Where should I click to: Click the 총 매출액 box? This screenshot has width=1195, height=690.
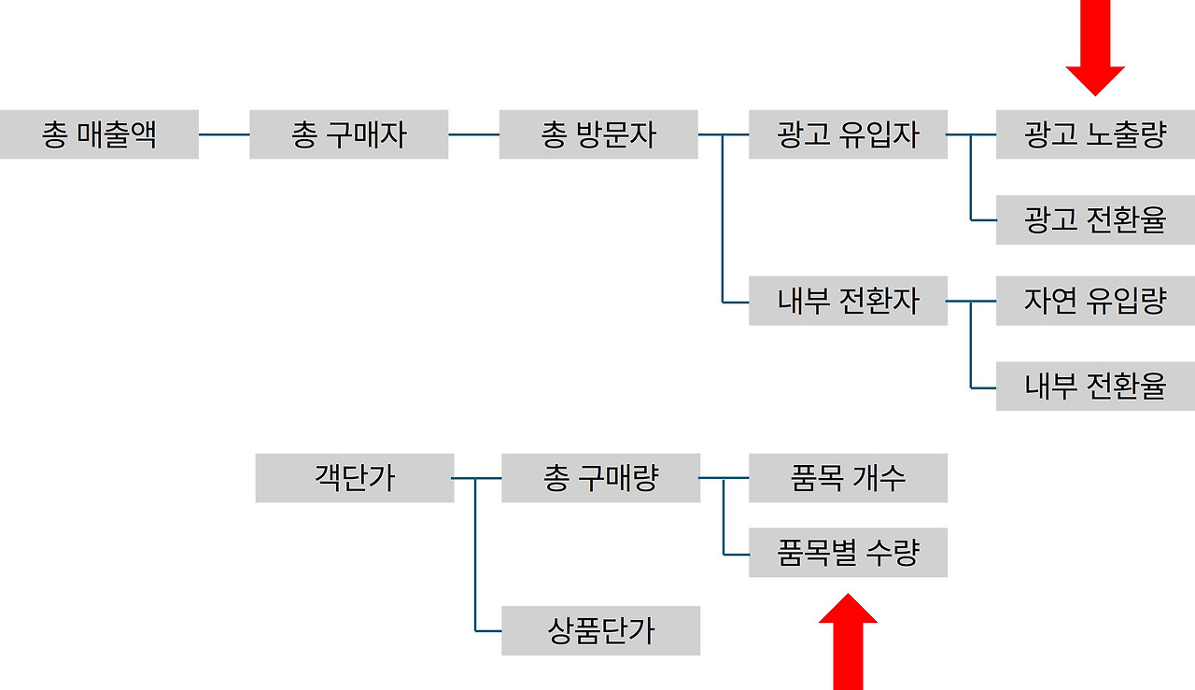pos(99,134)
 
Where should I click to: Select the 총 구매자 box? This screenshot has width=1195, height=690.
pos(348,134)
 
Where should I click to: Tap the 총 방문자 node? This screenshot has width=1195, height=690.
pos(598,134)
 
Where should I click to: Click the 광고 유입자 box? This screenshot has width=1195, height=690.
pos(848,134)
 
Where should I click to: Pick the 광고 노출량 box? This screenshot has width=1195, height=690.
pos(1095,134)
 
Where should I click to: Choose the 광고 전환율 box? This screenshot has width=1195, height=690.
pos(1095,220)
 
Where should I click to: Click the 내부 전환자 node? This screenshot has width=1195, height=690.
pos(848,301)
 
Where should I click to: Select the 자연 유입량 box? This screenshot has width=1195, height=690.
pos(1095,301)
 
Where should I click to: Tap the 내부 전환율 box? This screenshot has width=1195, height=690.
pos(1095,386)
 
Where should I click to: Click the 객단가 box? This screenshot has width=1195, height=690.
pos(355,478)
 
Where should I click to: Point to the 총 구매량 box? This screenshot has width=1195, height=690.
pos(600,478)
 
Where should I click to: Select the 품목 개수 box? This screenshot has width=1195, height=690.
pos(848,478)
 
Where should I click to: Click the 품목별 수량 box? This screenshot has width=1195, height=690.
pos(848,553)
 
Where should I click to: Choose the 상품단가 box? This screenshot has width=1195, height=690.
pos(600,631)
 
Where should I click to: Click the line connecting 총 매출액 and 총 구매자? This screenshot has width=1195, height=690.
pos(224,134)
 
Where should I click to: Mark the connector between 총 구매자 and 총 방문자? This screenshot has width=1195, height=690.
pos(473,134)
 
